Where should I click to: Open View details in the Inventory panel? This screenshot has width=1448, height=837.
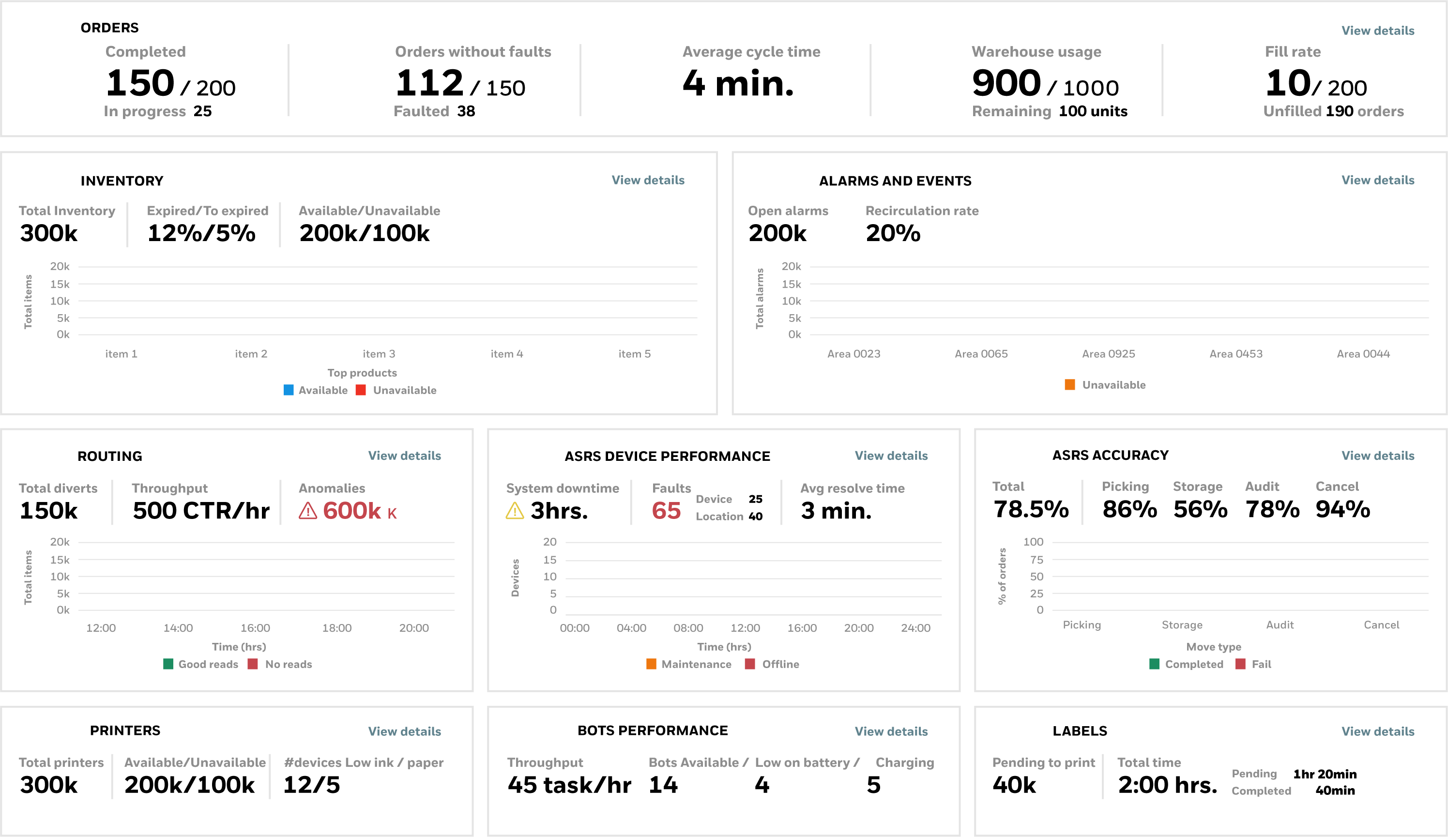click(648, 181)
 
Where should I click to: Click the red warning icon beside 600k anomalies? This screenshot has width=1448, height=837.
click(308, 511)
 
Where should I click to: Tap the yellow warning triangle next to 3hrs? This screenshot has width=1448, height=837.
click(514, 511)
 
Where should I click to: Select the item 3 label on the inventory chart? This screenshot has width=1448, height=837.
click(379, 354)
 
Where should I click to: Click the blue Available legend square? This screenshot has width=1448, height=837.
click(289, 390)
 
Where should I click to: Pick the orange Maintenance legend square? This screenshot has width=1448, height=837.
click(651, 664)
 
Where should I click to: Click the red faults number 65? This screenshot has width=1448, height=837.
click(666, 511)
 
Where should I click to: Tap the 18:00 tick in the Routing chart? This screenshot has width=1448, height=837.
click(337, 628)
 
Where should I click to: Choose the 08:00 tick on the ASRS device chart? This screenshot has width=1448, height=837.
click(688, 628)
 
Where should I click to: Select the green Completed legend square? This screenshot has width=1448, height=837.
click(1154, 664)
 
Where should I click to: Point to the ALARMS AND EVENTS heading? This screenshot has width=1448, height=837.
click(895, 181)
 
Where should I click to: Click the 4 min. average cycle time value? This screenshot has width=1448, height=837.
click(738, 84)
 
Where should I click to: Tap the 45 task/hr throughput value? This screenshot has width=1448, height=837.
click(569, 785)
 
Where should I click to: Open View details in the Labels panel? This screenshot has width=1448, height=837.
click(1377, 731)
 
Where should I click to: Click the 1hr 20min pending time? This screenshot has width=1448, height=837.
click(1325, 774)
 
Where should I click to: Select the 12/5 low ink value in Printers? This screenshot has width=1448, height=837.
click(311, 785)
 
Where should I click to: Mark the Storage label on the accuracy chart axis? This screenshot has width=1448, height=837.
click(1181, 625)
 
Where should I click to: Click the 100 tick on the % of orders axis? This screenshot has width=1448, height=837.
click(1033, 542)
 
